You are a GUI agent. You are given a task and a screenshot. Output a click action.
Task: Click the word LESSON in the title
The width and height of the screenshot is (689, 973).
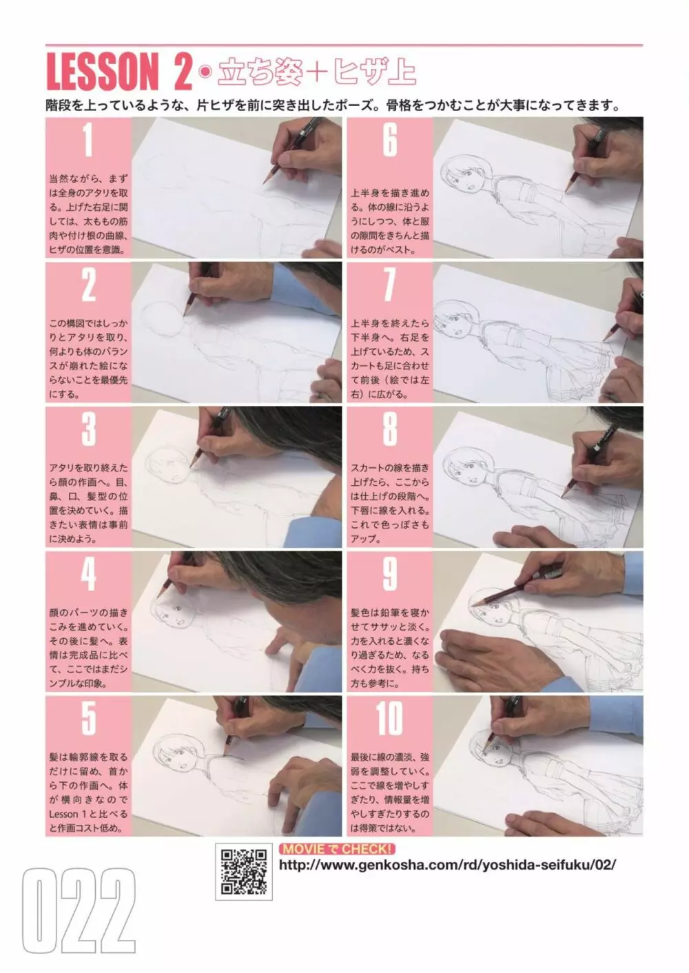[103, 72]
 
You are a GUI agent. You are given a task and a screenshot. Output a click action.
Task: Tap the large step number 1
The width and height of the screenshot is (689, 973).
[88, 141]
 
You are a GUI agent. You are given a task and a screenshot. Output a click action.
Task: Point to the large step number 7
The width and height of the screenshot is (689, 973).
[390, 285]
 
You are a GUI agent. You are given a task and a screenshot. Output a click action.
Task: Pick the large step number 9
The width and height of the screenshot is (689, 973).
[390, 574]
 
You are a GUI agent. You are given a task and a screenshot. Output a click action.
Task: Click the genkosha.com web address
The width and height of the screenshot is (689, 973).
[447, 866]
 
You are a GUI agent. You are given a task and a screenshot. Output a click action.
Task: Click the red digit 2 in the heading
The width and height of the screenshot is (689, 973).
[183, 72]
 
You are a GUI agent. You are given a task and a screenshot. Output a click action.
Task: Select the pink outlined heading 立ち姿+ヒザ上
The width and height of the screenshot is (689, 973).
[317, 72]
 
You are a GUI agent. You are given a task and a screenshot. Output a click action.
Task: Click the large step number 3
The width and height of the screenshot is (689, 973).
[88, 429]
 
